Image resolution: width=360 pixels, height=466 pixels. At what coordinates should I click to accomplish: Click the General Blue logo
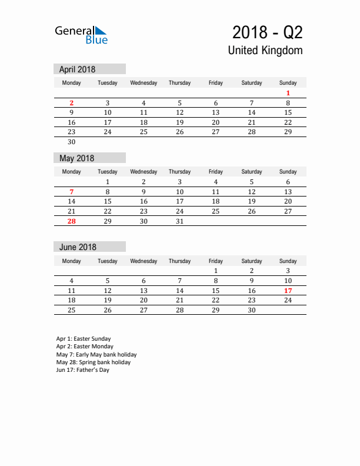[81, 35]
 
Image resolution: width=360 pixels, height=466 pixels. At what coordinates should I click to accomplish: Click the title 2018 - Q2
[267, 32]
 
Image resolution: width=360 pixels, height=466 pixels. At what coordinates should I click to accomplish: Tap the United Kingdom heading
[265, 50]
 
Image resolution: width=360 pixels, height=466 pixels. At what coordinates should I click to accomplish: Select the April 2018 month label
[77, 69]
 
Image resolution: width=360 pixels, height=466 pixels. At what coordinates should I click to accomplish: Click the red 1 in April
[288, 93]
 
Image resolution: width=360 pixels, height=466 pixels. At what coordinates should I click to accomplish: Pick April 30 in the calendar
[72, 142]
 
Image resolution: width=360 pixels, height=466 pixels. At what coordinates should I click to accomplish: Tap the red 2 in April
[72, 103]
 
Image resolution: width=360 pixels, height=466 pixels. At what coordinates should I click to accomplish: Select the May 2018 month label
[76, 158]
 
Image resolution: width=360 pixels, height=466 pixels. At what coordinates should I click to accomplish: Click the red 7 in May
[72, 192]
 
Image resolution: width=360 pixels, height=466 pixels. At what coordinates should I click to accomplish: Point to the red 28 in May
[72, 221]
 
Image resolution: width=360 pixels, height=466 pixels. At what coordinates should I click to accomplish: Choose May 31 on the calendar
[180, 221]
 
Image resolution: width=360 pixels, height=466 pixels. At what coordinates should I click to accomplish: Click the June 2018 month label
[78, 247]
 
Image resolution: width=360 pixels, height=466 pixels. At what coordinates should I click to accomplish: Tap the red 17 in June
[288, 291]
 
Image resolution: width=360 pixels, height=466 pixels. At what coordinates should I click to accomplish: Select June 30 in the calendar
[252, 310]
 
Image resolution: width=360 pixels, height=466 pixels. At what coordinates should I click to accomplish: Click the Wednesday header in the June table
[144, 261]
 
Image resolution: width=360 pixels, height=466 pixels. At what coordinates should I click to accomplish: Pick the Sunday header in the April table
[288, 83]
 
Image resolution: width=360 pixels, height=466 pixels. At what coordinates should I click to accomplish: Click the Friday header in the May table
[216, 172]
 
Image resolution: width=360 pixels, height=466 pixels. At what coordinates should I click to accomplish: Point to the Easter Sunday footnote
[84, 339]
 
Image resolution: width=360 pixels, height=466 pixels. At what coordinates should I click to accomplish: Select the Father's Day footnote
[83, 370]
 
